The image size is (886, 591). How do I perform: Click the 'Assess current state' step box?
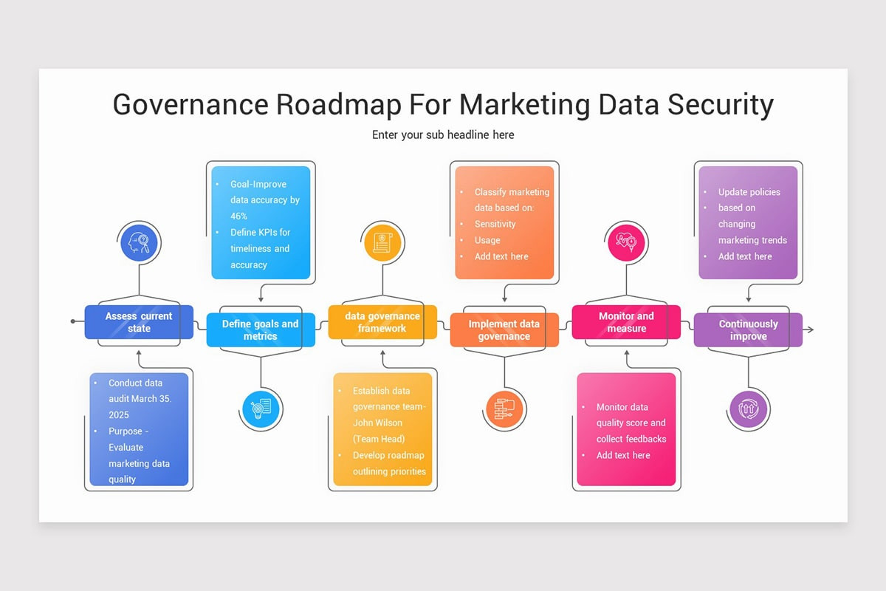(139, 322)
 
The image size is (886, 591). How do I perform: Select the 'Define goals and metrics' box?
(260, 330)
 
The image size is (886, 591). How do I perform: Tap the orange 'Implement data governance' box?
(504, 330)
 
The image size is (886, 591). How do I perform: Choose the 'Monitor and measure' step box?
(626, 322)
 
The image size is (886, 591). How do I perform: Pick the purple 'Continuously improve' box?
(748, 330)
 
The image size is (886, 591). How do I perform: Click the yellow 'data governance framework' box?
(382, 322)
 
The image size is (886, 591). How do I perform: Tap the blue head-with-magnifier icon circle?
(140, 243)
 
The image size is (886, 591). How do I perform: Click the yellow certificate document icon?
(382, 243)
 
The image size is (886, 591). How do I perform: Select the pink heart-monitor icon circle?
(627, 243)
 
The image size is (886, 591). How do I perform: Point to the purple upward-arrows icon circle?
(748, 408)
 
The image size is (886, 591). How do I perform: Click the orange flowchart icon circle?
(505, 408)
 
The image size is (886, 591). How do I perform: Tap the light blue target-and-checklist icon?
(261, 408)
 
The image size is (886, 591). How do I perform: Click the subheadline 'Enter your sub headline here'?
(443, 134)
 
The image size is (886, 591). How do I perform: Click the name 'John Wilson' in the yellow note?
(377, 423)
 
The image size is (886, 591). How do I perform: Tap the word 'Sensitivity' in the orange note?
(495, 224)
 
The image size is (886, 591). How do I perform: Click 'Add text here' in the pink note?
(623, 455)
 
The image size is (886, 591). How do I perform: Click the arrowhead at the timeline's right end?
(810, 329)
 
